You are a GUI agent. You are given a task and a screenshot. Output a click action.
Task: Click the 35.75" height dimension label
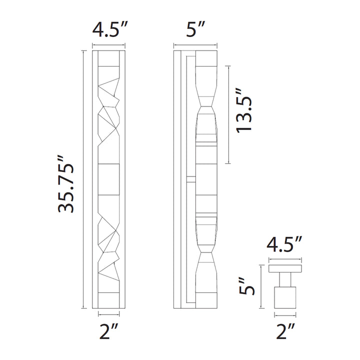66,184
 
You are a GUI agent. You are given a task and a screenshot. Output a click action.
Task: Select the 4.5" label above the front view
109,29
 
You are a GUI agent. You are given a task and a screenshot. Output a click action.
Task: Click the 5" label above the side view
195,29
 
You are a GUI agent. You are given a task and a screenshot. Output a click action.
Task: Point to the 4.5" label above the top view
284,244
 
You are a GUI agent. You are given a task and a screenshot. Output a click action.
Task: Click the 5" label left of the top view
246,286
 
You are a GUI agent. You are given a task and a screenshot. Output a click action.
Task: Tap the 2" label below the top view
285,331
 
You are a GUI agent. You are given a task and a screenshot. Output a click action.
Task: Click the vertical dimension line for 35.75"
83,179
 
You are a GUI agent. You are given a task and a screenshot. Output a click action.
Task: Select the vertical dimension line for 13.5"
228,115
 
